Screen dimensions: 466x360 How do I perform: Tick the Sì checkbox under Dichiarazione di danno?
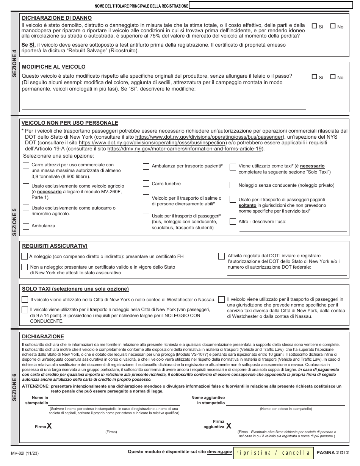pyautogui.click(x=314, y=27)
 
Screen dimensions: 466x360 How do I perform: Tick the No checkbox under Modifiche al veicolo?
pyautogui.click(x=333, y=77)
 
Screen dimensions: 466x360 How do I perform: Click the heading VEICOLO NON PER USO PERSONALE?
pyautogui.click(x=70, y=123)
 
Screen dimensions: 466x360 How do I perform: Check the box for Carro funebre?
pyautogui.click(x=146, y=184)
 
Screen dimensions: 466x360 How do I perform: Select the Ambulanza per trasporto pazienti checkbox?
pyautogui.click(x=146, y=166)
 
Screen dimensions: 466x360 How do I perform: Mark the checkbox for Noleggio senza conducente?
pyautogui.click(x=233, y=185)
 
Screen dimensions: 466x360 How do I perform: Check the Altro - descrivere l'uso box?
pyautogui.click(x=233, y=221)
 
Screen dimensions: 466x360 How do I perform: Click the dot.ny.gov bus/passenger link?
pyautogui.click(x=209, y=136)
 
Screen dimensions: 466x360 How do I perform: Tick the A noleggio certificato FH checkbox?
pyautogui.click(x=25, y=256)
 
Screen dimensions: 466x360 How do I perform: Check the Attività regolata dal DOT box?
pyautogui.click(x=222, y=256)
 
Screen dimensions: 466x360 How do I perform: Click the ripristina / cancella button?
pyautogui.click(x=273, y=452)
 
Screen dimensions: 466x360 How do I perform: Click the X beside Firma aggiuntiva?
pyautogui.click(x=229, y=426)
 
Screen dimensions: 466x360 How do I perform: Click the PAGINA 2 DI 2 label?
pyautogui.click(x=332, y=452)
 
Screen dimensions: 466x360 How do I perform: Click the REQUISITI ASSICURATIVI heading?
pyautogui.click(x=55, y=246)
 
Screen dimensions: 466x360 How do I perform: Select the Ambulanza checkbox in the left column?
pyautogui.click(x=26, y=226)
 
